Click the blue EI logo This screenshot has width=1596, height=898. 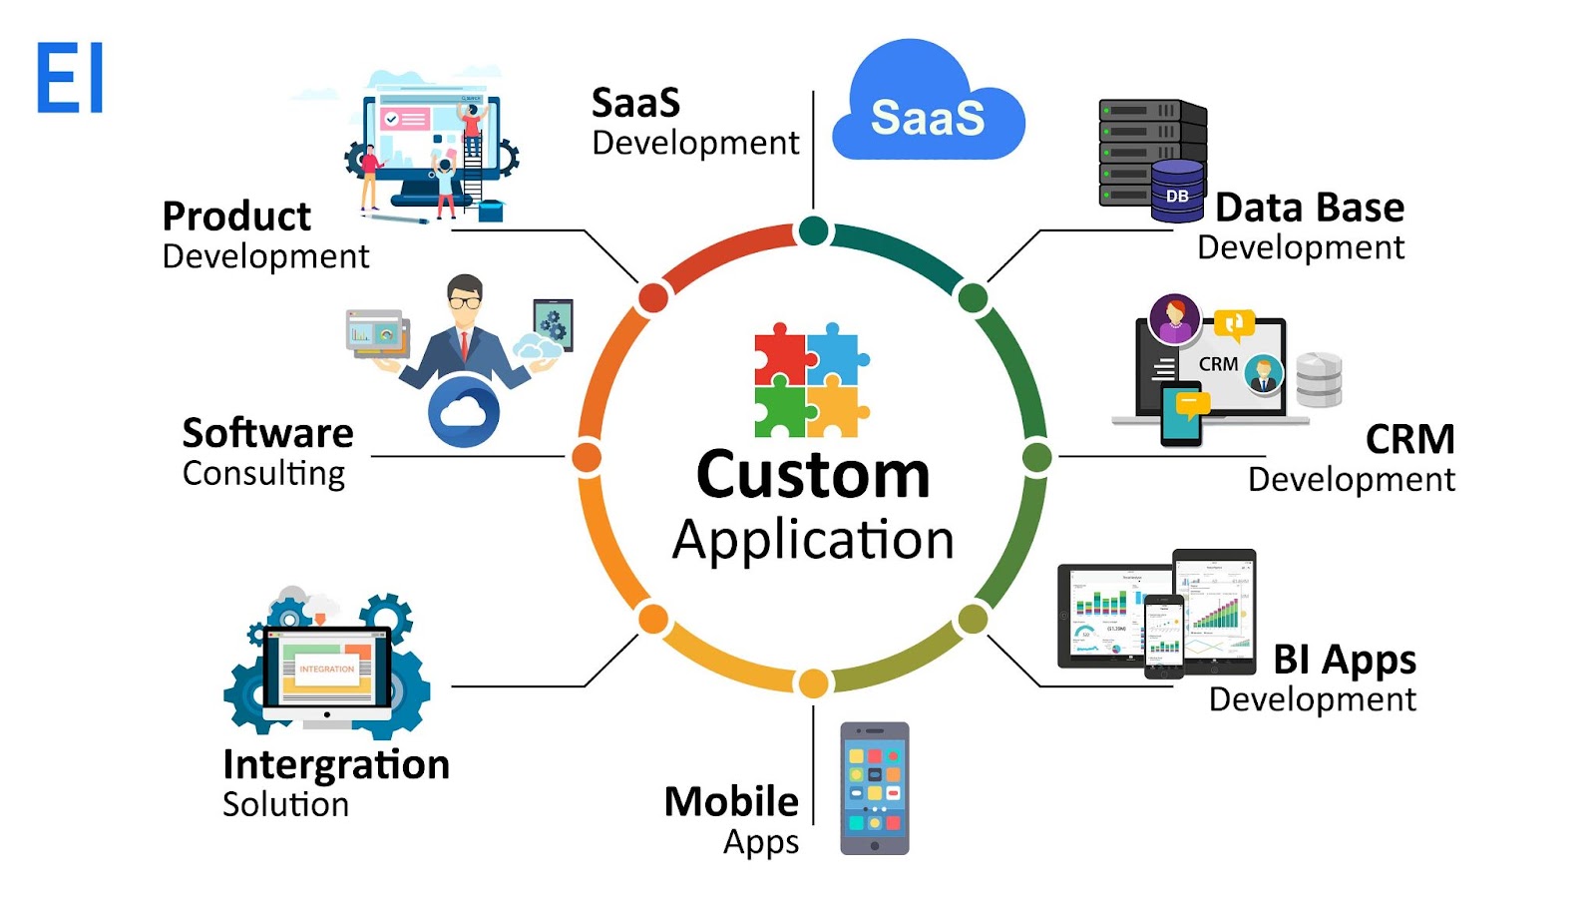point(70,78)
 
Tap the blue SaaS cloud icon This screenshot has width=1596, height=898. point(928,110)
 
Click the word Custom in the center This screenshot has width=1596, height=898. point(813,475)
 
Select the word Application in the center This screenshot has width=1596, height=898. point(813,541)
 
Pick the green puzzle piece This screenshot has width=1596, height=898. point(779,411)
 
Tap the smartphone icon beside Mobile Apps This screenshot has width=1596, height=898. point(875,788)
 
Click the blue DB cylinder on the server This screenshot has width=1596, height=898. point(1177,192)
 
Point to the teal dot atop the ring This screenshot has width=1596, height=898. point(814,231)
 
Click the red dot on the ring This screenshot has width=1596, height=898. point(653,297)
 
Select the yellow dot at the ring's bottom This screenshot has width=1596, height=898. point(814,683)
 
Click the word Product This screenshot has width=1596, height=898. point(236,217)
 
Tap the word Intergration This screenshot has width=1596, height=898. point(336,765)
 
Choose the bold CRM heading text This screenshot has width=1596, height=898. point(1409,439)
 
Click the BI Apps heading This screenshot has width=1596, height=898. point(1345,661)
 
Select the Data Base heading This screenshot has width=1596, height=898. point(1310,208)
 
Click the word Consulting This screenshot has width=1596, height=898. point(263,473)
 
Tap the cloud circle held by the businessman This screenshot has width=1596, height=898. point(464,411)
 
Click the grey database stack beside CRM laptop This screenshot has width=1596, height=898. point(1319,380)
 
